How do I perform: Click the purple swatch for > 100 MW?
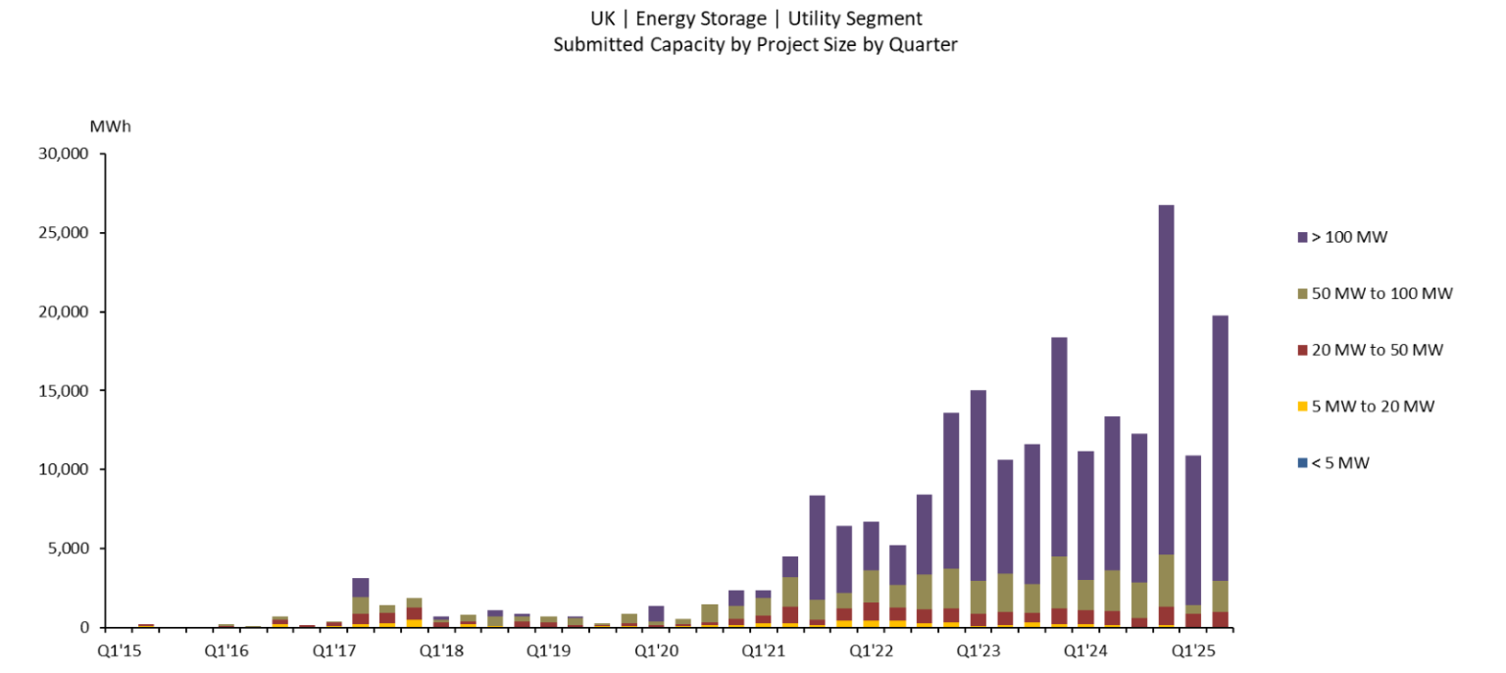pyautogui.click(x=1302, y=237)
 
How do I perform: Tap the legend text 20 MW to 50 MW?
pyautogui.click(x=1377, y=350)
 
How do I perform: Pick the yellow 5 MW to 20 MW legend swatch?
pyautogui.click(x=1302, y=407)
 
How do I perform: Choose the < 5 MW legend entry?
pyautogui.click(x=1339, y=462)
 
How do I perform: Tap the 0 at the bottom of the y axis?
pyautogui.click(x=85, y=627)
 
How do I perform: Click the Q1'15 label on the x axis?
pyautogui.click(x=118, y=649)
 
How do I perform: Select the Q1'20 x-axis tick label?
pyautogui.click(x=656, y=649)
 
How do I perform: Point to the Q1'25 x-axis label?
pyautogui.click(x=1194, y=649)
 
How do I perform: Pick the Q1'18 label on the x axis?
pyautogui.click(x=440, y=649)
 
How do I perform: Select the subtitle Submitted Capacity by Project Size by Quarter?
pyautogui.click(x=755, y=44)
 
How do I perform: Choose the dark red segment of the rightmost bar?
pyautogui.click(x=1221, y=619)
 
